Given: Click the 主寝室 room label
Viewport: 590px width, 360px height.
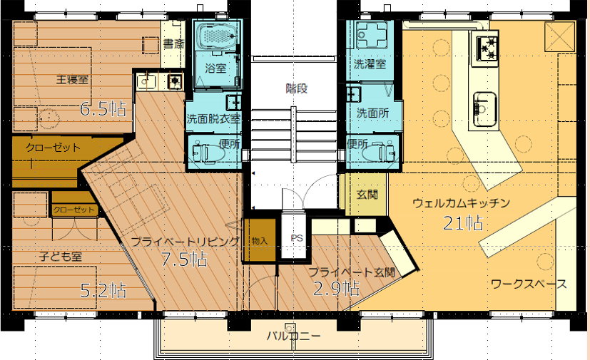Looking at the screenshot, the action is [72, 80].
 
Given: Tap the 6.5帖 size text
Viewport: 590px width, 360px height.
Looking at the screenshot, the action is [103, 109].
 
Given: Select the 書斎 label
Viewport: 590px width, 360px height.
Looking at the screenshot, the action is [173, 44].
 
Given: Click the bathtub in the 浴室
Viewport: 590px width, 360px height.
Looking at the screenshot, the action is [217, 36].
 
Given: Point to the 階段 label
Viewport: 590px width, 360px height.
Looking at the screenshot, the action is [297, 88].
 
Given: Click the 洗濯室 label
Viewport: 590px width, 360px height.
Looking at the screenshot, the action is [370, 64].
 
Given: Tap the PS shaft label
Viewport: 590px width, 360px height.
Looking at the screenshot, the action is [297, 238].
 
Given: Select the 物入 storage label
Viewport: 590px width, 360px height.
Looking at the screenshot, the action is [259, 241].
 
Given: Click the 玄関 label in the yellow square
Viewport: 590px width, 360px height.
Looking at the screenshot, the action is [367, 195].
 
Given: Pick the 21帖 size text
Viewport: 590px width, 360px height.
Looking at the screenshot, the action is [463, 223].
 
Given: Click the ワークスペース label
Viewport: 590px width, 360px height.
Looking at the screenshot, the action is [529, 284].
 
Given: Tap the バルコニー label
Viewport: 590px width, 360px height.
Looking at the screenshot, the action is [294, 335].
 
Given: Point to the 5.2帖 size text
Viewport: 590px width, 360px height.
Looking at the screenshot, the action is [103, 290].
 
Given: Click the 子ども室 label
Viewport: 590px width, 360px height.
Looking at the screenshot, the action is [61, 257].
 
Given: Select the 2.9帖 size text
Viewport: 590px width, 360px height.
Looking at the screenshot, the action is [336, 289].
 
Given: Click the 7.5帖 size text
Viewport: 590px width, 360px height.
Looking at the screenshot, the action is [184, 259].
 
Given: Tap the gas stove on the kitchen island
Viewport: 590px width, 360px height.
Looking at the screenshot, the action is [486, 47].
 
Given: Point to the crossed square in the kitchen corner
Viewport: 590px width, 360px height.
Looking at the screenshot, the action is [559, 36].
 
